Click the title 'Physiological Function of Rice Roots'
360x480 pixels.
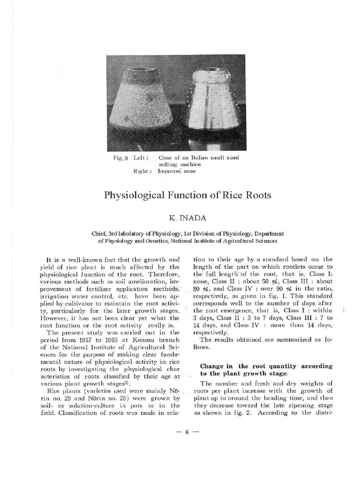[x=187, y=195]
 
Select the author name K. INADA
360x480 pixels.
[x=187, y=218]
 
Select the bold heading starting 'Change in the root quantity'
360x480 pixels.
[x=266, y=369]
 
